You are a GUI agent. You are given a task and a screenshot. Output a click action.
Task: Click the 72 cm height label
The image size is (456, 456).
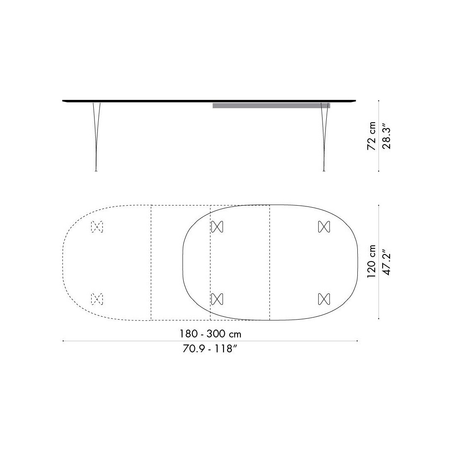click(x=372, y=136)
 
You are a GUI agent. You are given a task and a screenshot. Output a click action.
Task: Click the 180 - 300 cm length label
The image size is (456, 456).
click(x=210, y=334)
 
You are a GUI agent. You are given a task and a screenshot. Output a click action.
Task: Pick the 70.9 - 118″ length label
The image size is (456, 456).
click(x=210, y=349)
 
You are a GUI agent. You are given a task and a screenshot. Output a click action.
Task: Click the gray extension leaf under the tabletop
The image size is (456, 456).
click(x=271, y=106)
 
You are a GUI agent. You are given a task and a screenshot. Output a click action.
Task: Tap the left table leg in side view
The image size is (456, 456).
click(x=97, y=133)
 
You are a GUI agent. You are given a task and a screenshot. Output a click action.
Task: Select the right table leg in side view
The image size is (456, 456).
click(x=323, y=133)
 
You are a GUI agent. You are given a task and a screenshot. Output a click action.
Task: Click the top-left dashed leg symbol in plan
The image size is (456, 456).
click(x=97, y=226)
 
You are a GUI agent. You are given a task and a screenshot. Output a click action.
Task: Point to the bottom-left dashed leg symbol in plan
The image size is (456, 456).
click(x=97, y=298)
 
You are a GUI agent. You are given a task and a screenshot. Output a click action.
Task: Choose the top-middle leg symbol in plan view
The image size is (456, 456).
click(x=217, y=226)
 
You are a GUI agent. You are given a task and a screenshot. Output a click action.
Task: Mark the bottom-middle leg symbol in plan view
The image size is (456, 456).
click(x=217, y=298)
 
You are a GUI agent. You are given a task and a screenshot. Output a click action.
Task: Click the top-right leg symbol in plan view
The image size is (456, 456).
click(x=324, y=226)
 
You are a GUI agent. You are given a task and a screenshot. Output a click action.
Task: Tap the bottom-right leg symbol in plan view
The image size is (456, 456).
click(x=324, y=298)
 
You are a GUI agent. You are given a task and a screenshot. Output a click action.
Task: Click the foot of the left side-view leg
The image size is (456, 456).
click(x=97, y=170)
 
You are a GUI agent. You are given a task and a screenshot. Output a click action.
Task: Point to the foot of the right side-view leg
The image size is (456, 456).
click(x=323, y=170)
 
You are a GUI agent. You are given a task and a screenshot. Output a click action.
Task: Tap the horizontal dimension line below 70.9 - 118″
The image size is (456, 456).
click(x=210, y=341)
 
